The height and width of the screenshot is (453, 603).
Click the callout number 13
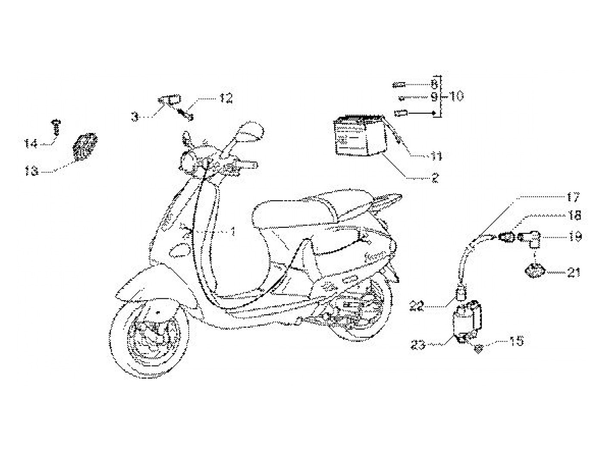pyautogui.click(x=31, y=171)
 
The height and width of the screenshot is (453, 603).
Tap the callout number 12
pyautogui.click(x=226, y=98)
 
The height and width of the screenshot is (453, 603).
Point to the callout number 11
pyautogui.click(x=436, y=155)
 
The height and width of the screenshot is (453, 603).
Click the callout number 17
pyautogui.click(x=572, y=198)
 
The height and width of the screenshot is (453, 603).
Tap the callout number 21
pyautogui.click(x=573, y=272)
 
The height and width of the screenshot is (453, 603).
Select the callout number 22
pyautogui.click(x=417, y=306)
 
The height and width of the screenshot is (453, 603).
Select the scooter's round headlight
pyautogui.click(x=188, y=163)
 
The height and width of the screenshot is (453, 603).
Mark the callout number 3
pyautogui.click(x=135, y=116)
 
